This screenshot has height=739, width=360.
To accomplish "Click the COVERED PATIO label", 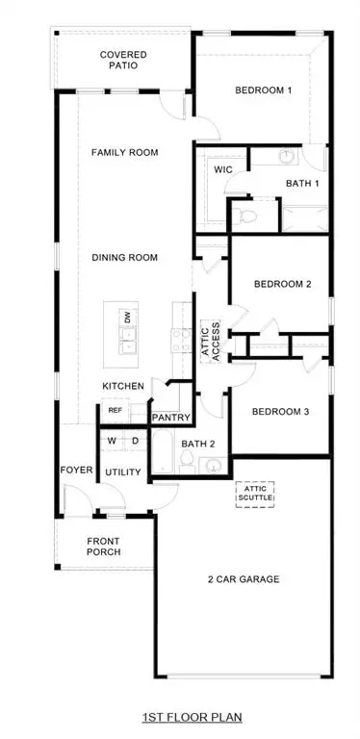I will tap(123, 61).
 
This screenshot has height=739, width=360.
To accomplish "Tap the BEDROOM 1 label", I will tap(264, 91).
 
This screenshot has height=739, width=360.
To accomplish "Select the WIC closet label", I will tap(222, 169).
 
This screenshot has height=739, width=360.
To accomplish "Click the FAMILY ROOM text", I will tap(124, 152).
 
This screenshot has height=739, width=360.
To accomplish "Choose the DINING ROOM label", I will tap(124, 258).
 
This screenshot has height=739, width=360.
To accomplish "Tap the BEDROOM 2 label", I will tap(281, 284).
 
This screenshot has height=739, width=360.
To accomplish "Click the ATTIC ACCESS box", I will tap(210, 340).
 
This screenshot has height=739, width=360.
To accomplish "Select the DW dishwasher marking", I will tap(127, 318).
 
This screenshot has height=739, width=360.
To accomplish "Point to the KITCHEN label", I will tap(123, 386).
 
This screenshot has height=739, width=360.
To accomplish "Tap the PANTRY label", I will tap(170, 418).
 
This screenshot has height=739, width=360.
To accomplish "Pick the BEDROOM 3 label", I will tap(280, 412).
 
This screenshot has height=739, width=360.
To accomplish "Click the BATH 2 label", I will tap(200, 444).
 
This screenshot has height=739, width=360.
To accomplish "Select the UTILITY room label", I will tap(123, 472).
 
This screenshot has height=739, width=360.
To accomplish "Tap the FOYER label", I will tap(76, 471).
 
